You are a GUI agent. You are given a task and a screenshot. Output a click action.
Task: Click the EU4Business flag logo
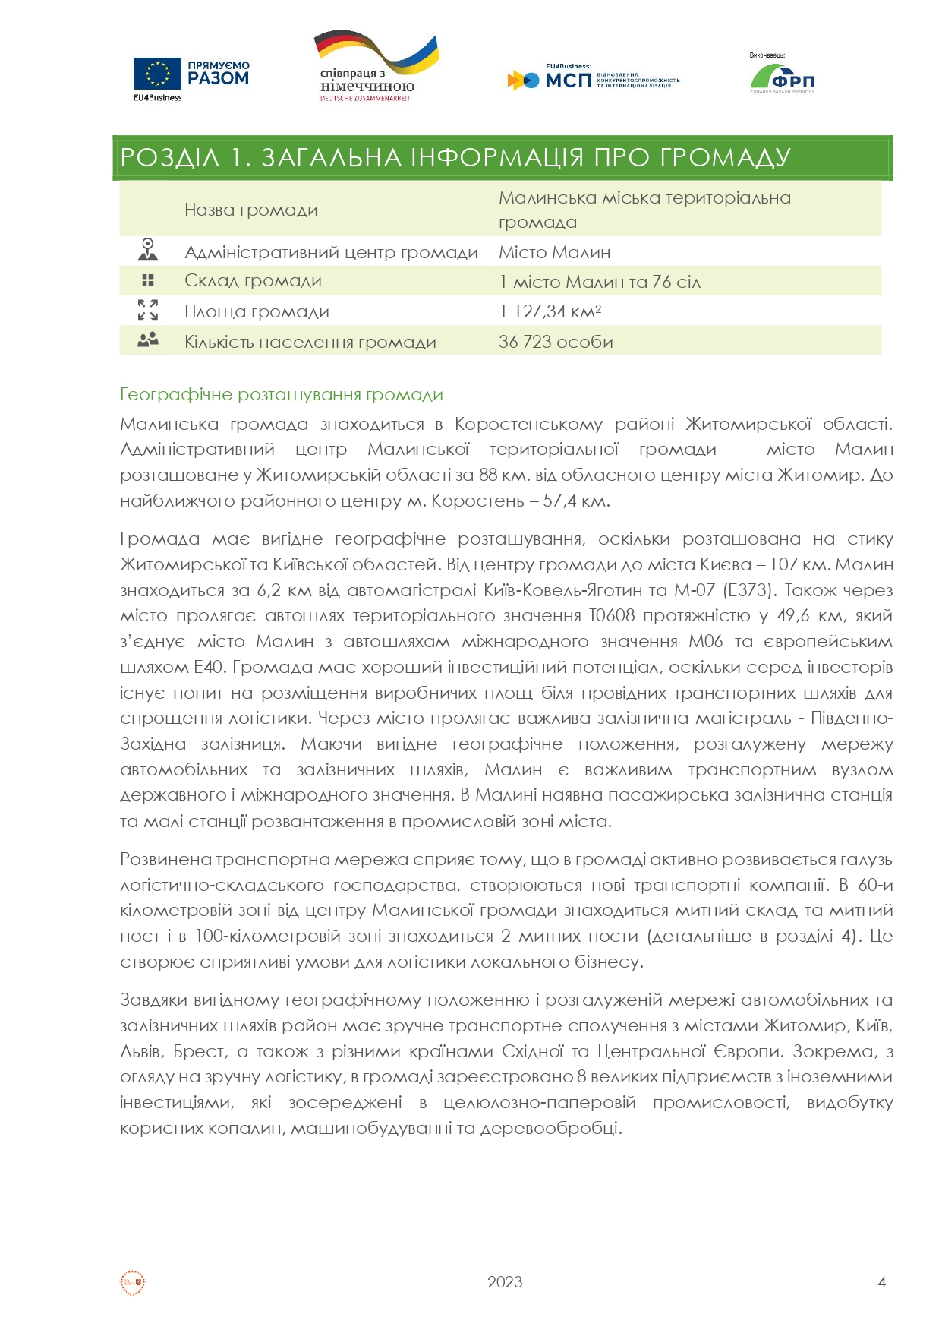point(158,74)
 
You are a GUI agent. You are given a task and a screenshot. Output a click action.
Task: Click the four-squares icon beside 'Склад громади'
point(148,280)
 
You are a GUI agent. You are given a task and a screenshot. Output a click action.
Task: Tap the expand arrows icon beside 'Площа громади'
point(148,310)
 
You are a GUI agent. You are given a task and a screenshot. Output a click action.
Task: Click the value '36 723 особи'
point(556,342)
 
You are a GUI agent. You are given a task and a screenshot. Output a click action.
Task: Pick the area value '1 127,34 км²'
point(550,311)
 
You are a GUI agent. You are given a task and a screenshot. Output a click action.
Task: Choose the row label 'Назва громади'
point(250,210)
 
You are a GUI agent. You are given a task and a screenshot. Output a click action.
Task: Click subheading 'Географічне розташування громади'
point(282,395)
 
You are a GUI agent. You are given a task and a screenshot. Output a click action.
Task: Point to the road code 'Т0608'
point(611,616)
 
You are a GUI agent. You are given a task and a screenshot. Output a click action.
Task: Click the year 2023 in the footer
point(505,1282)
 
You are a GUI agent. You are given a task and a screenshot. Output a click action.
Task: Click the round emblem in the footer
point(133,1282)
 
